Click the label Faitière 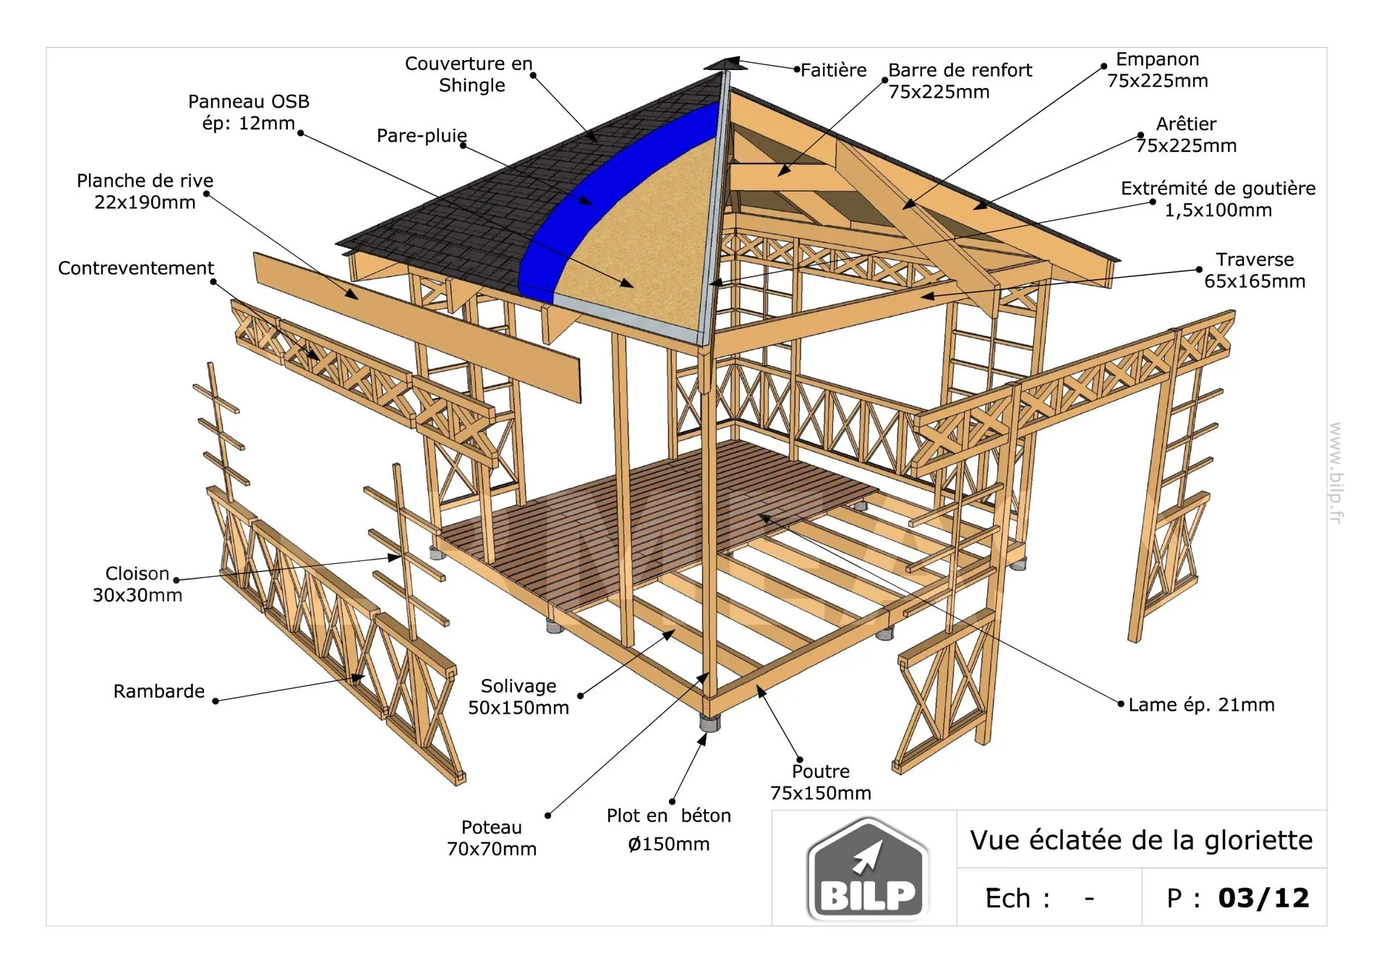[833, 70]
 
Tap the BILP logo [868, 870]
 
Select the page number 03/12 [1263, 898]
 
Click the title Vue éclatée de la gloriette [1141, 840]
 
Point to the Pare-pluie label [422, 136]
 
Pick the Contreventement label [136, 268]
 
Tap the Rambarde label [159, 691]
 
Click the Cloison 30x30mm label [137, 584]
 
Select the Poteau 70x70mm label [492, 838]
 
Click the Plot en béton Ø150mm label [669, 829]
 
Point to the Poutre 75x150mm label [821, 782]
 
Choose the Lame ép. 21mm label [1201, 705]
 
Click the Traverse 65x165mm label [1255, 270]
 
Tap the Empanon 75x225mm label [1158, 70]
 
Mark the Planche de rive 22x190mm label [145, 192]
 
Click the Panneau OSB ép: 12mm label [249, 112]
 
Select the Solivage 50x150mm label [519, 697]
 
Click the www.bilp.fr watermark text [1336, 474]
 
